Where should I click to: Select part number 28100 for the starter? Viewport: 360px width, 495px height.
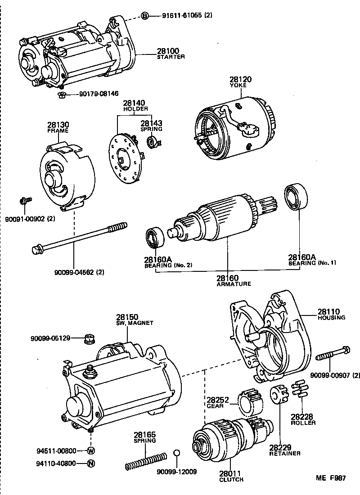click(x=167, y=51)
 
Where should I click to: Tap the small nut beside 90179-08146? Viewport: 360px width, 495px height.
click(x=63, y=94)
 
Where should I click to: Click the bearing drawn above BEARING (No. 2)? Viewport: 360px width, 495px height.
click(x=155, y=238)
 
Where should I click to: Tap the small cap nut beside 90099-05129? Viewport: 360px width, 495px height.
click(x=89, y=339)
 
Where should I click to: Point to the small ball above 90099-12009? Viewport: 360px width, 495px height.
click(x=177, y=452)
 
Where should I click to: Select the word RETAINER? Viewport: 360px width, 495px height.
click(x=285, y=453)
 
